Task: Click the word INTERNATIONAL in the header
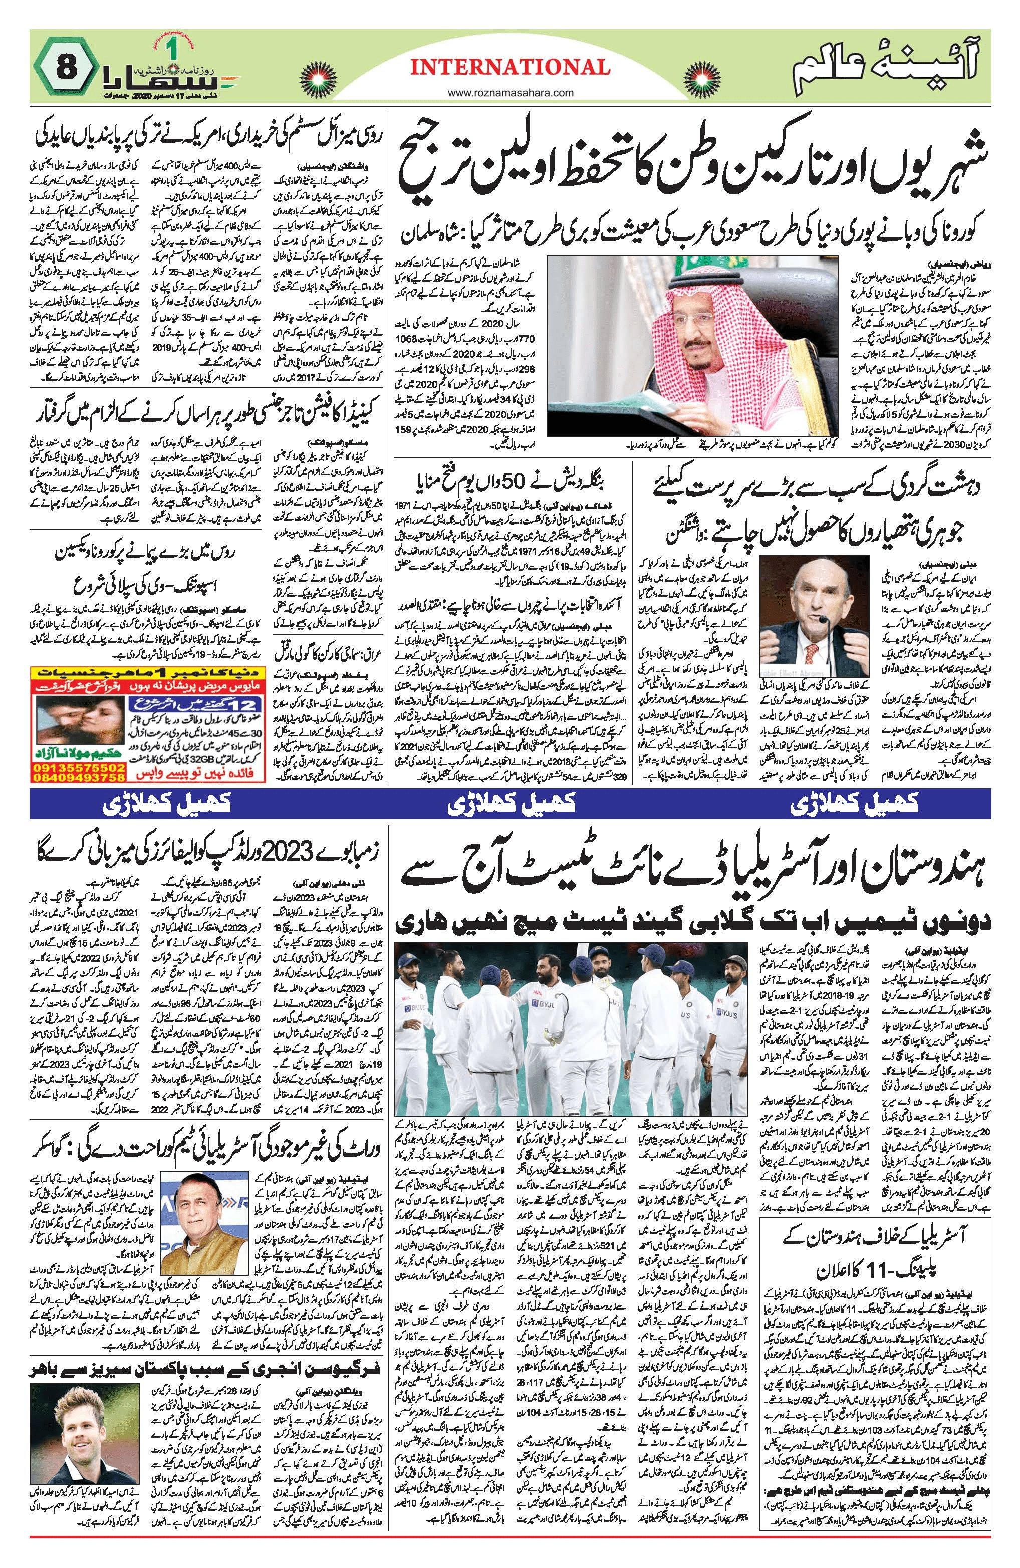point(509,67)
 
